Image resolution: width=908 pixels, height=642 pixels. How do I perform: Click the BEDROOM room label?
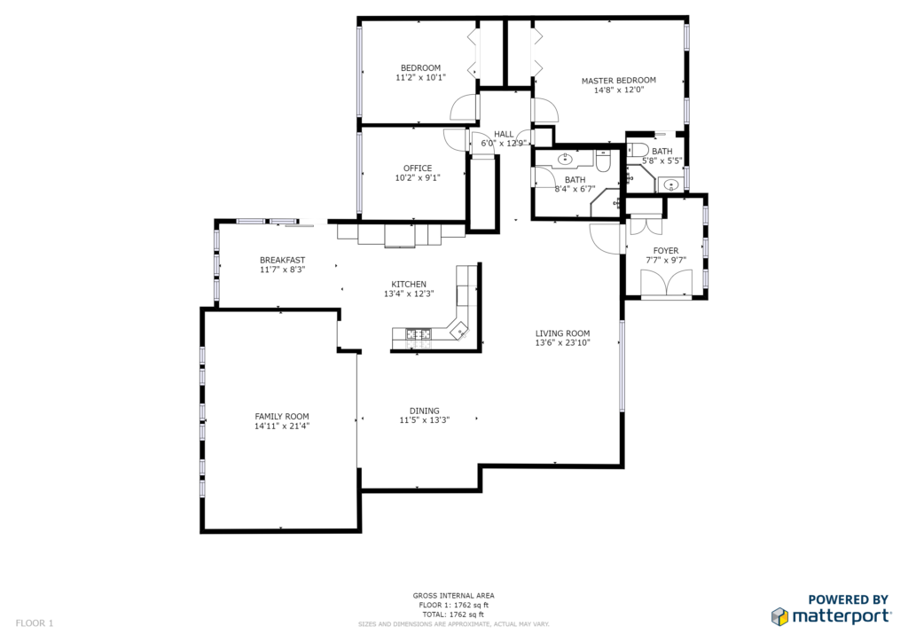(420, 67)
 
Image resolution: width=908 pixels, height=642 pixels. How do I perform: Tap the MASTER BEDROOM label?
(618, 81)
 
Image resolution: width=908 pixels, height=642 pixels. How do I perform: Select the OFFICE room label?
(418, 168)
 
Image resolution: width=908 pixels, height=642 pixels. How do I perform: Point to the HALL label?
(504, 134)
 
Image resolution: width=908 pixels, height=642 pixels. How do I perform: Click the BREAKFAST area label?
(282, 261)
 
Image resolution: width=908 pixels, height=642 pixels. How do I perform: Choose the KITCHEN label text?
(409, 285)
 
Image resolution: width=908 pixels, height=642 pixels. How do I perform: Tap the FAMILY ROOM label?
(282, 416)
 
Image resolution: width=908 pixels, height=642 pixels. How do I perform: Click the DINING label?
(425, 411)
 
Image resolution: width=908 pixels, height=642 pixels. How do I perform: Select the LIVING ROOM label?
(562, 333)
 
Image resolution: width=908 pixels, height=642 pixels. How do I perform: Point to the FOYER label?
(666, 251)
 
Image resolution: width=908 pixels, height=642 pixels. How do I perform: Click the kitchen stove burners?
(419, 333)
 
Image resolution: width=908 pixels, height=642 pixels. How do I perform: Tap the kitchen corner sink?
(459, 330)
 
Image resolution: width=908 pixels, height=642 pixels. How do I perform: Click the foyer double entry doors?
(666, 284)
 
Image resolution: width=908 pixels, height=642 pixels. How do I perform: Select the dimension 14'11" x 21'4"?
(282, 426)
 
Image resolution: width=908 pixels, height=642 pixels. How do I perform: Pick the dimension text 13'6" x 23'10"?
(562, 342)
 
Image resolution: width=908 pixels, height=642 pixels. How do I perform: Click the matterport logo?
(831, 616)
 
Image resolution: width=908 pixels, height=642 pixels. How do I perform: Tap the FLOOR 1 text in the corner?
(35, 623)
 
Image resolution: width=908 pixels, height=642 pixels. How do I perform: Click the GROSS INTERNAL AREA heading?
(453, 596)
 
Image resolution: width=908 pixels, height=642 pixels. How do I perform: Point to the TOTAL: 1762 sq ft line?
(453, 615)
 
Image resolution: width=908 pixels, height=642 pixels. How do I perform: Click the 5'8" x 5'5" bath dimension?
(661, 160)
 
